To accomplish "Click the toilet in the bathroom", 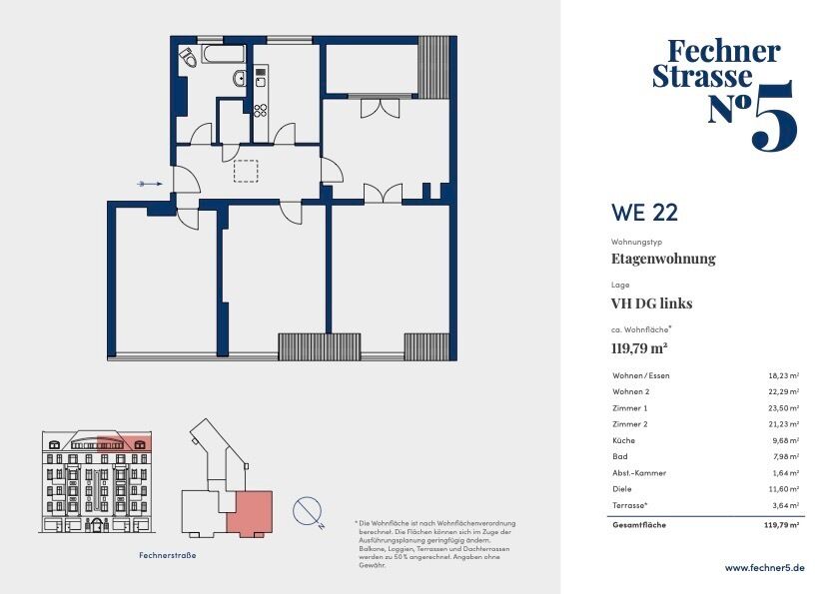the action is pos(188,57).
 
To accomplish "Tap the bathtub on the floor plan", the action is pos(223,55).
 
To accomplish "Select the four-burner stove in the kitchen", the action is pos(261,111).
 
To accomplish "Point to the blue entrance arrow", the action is pos(150,184).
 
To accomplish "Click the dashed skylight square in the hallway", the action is pos(246,171).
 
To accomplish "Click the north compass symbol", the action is pos(308,511).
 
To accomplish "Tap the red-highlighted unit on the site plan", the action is pos(250,512).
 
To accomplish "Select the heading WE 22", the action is pos(644,213).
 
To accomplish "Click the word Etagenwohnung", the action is pos(663,259).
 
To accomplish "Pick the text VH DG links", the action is pos(651,303).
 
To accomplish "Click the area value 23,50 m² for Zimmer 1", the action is pos(784,408).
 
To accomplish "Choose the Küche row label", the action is pos(623,440).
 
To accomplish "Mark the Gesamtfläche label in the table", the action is pos(639,525).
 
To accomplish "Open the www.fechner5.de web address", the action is pos(764,568).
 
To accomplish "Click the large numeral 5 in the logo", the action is pos(775,117).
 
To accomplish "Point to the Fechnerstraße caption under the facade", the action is pos(167,555).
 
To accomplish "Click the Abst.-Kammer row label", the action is pos(639,473).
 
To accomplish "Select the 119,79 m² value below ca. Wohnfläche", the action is pos(639,348).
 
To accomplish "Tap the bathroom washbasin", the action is pos(240,79).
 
